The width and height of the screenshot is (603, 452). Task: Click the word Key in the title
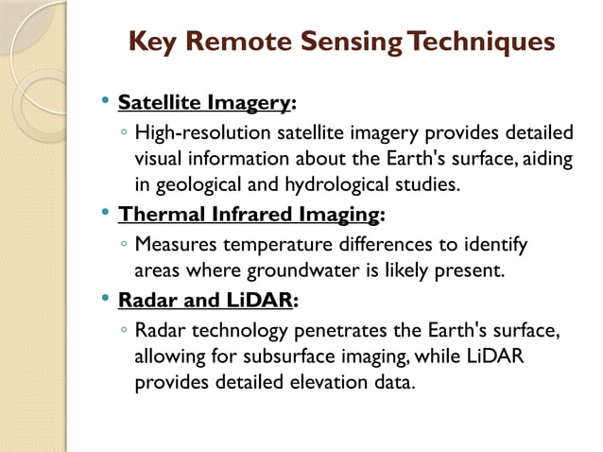point(152,43)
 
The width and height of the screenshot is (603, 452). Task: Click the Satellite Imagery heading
point(204,102)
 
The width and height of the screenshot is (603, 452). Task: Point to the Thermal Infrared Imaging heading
point(249,215)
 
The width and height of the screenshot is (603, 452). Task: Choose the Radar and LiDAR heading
point(205,301)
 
